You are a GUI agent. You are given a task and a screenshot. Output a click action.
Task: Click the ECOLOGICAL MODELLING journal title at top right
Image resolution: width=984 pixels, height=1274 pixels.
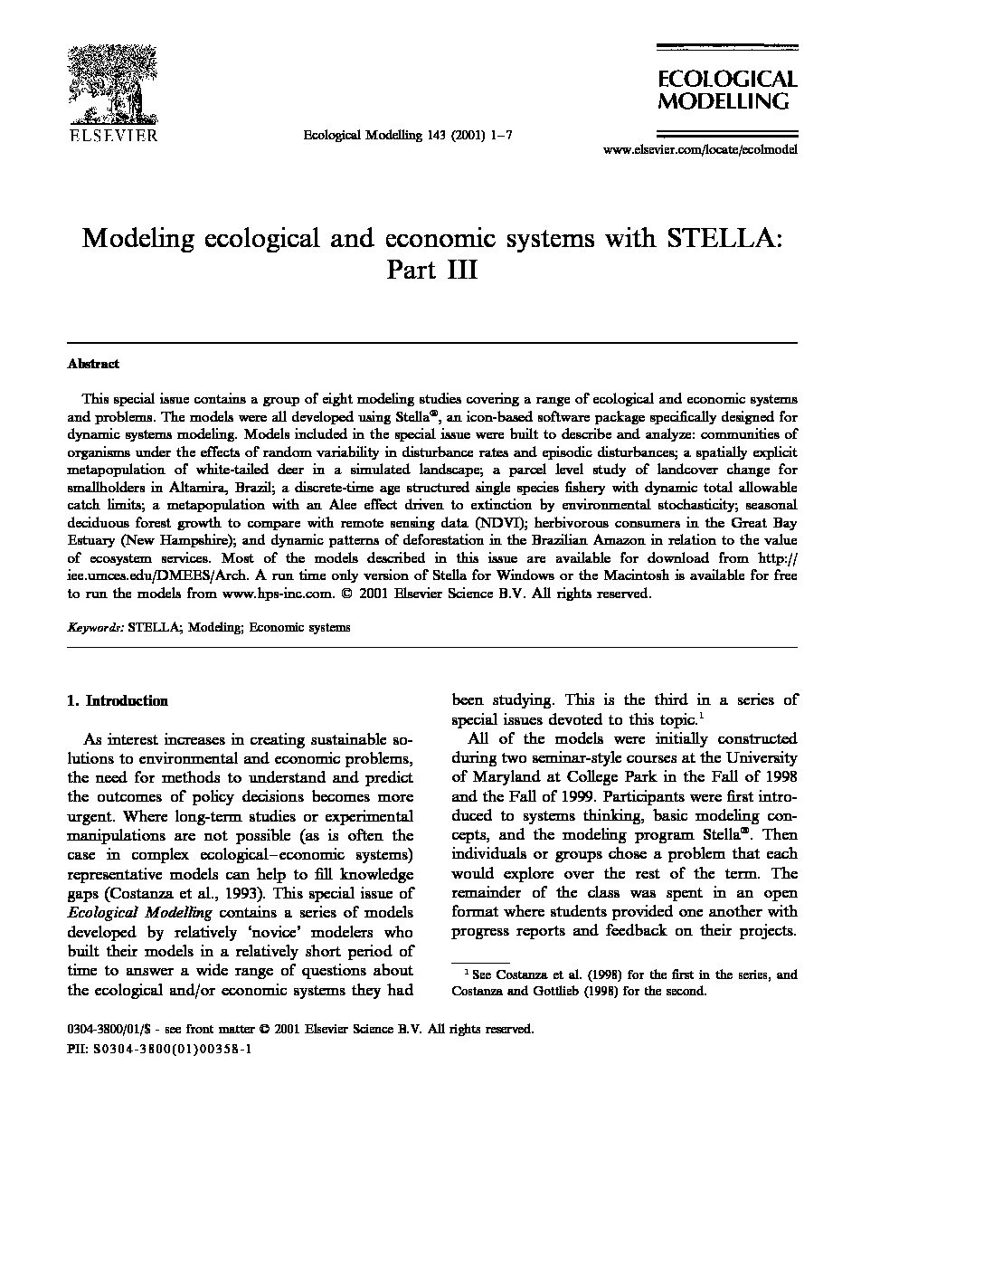(x=726, y=90)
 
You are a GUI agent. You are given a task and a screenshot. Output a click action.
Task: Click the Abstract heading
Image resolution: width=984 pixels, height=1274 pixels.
(x=93, y=364)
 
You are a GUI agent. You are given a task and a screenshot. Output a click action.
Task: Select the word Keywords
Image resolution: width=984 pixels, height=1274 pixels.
(x=95, y=626)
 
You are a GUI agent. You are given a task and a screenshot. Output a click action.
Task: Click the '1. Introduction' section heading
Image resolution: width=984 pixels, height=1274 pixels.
(x=118, y=700)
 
